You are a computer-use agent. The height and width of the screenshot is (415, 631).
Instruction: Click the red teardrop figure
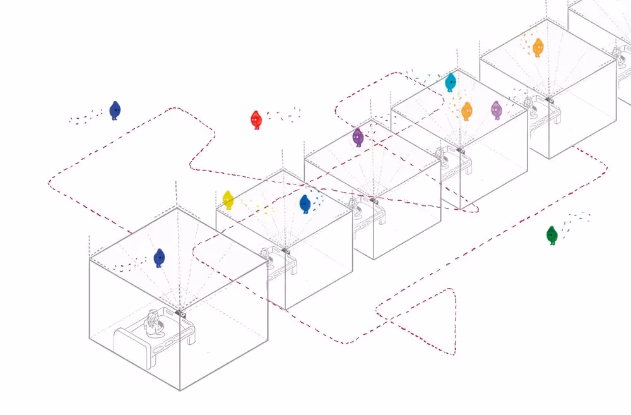coord(256,119)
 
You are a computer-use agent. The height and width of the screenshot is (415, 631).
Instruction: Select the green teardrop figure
coord(552,235)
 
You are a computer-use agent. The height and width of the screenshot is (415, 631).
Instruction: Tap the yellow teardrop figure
coord(228,200)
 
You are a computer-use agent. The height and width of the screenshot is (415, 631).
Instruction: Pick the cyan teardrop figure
coord(451,82)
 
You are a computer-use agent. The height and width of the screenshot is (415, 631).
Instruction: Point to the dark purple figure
coord(358,136)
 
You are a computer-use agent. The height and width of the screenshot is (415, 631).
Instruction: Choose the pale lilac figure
coord(497,110)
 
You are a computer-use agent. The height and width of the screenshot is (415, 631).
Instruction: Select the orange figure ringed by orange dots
coord(538,47)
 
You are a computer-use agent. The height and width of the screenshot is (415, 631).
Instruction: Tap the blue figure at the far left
coord(115,110)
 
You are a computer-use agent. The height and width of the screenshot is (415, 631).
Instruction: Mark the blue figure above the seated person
coord(159,257)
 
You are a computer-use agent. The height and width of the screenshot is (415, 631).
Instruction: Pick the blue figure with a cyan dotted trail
coord(305,203)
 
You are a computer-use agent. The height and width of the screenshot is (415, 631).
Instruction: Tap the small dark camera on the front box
coord(182,313)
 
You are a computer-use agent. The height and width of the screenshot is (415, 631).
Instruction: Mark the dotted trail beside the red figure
coord(283,114)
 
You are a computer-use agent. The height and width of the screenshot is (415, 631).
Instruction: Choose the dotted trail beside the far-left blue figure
coord(85,117)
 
